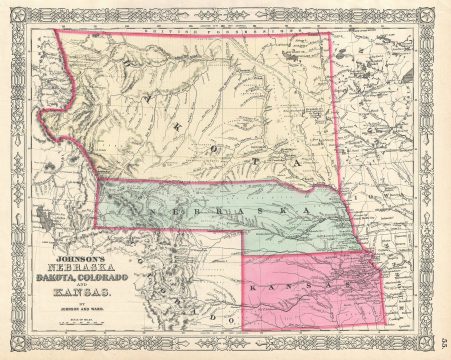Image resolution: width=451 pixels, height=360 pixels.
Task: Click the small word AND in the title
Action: (66, 290)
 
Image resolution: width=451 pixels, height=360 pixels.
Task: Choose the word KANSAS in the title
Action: (66, 301)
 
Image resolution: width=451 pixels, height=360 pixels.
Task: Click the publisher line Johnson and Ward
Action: (66, 318)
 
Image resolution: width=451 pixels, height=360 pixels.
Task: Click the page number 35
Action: (442, 344)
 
